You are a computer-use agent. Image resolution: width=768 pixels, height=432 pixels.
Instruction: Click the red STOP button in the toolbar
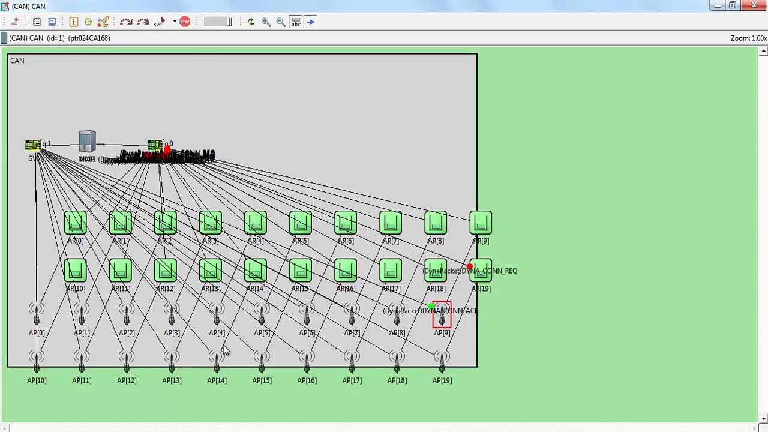pyautogui.click(x=185, y=22)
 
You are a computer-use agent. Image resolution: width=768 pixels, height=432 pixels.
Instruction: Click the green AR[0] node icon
pyautogui.click(x=76, y=223)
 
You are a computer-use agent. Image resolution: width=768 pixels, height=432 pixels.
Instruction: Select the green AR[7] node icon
pyautogui.click(x=391, y=223)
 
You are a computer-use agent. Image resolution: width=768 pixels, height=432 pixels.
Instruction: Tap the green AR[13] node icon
pyautogui.click(x=211, y=271)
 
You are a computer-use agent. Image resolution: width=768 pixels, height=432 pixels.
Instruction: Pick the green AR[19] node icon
pyautogui.click(x=481, y=271)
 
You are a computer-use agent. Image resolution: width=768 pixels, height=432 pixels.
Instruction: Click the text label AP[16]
pyautogui.click(x=307, y=380)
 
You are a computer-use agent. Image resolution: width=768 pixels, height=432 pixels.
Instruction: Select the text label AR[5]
pyautogui.click(x=301, y=241)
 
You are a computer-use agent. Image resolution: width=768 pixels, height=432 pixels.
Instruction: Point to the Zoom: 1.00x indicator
pyautogui.click(x=748, y=38)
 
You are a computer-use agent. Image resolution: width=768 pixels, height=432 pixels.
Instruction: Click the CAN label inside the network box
pyautogui.click(x=17, y=61)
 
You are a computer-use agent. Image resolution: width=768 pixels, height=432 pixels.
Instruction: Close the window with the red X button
pyautogui.click(x=754, y=6)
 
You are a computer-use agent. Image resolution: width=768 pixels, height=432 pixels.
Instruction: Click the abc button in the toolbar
pyautogui.click(x=296, y=22)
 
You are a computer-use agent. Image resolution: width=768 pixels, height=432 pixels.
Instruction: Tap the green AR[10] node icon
pyautogui.click(x=76, y=271)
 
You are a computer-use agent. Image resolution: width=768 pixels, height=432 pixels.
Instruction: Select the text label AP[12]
pyautogui.click(x=127, y=380)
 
